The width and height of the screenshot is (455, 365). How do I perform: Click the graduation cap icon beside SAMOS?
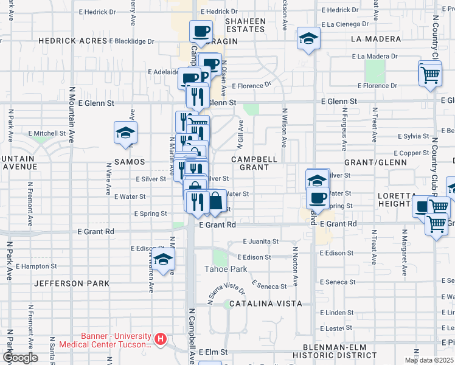126,133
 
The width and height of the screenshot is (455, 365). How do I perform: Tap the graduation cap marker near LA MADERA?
308,39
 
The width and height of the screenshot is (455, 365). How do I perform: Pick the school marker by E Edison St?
163,259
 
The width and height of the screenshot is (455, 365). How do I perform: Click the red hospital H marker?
161,339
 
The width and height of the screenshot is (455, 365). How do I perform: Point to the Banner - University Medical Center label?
115,339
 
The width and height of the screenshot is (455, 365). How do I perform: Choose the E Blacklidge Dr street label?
132,41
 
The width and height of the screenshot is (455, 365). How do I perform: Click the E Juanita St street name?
259,241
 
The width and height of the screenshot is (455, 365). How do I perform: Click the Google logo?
20,358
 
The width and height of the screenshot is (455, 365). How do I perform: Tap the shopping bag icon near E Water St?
217,201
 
